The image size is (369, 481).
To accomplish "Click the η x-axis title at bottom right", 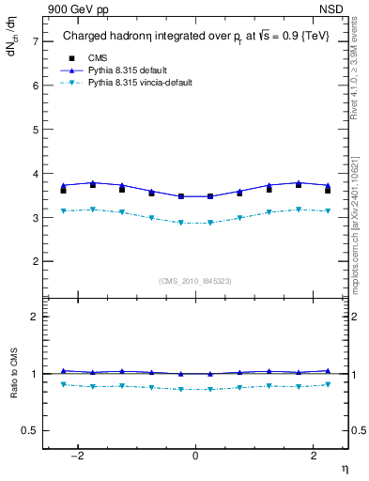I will (344, 468).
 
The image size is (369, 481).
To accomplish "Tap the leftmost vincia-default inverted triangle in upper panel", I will (63, 210).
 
